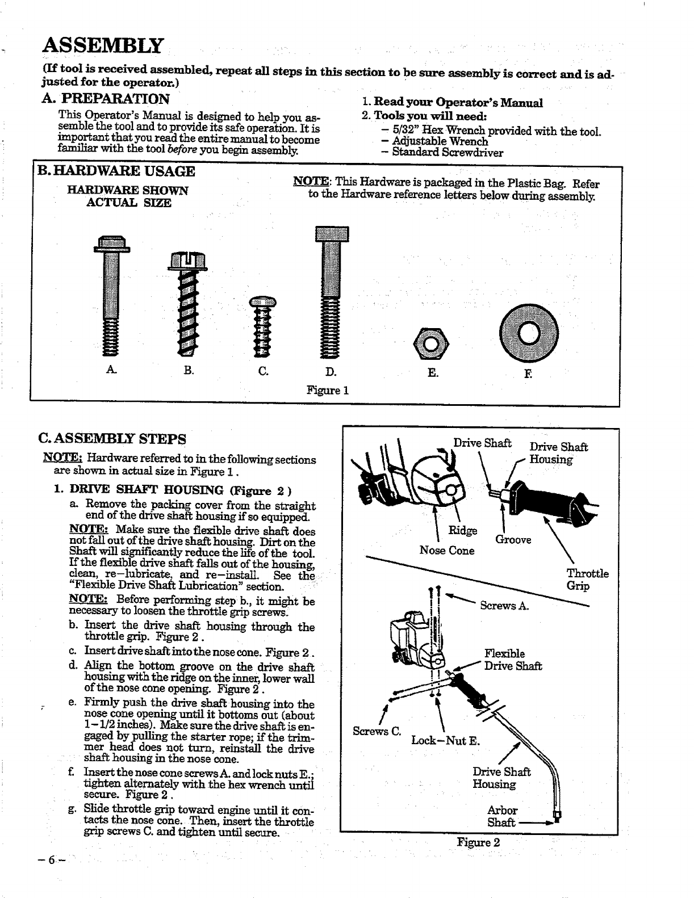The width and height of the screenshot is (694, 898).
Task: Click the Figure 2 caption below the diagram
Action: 478,842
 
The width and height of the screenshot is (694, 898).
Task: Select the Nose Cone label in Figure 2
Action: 446,550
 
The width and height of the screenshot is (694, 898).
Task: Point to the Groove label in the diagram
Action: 513,540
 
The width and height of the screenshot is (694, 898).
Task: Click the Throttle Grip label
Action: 587,580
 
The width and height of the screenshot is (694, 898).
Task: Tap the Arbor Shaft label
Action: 502,816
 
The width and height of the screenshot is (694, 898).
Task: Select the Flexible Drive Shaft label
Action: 512,660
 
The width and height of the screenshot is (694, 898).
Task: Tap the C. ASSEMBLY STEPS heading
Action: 111,438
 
